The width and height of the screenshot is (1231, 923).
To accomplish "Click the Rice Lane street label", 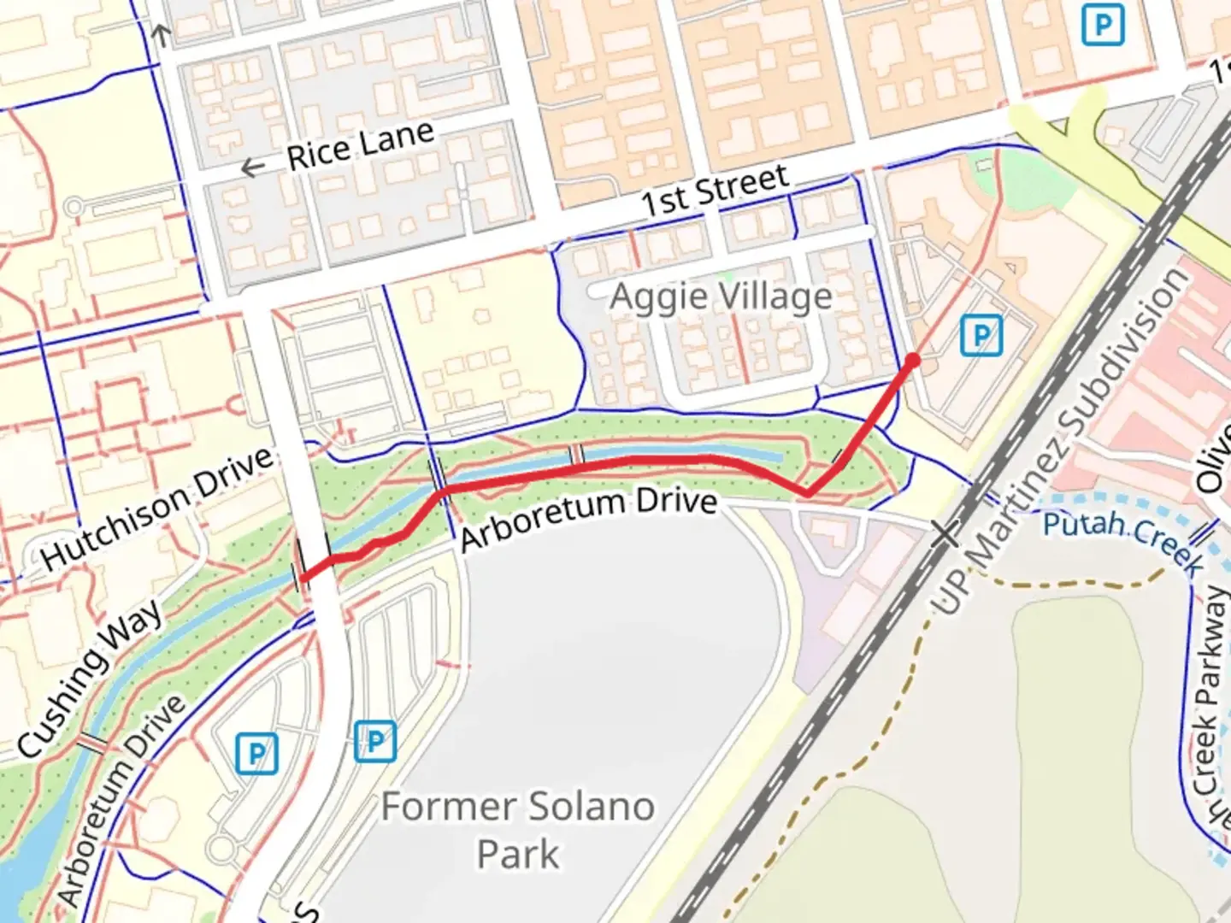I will [x=360, y=146].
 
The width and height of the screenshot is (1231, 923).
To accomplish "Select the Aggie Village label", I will [x=721, y=297].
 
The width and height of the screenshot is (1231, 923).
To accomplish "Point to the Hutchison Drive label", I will [x=157, y=508].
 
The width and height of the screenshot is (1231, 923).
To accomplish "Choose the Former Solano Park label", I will [x=518, y=829].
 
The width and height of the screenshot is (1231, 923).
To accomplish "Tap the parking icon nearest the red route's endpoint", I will [x=981, y=335].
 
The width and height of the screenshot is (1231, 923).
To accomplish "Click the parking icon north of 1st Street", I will [x=1103, y=25].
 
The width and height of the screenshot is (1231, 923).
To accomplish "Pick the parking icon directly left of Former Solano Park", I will [x=374, y=741].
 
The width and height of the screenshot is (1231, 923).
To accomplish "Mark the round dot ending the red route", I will [x=912, y=361].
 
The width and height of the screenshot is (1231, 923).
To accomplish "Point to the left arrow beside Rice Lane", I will [x=252, y=168].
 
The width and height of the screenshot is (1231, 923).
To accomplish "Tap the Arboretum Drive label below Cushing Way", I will [x=121, y=799].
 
